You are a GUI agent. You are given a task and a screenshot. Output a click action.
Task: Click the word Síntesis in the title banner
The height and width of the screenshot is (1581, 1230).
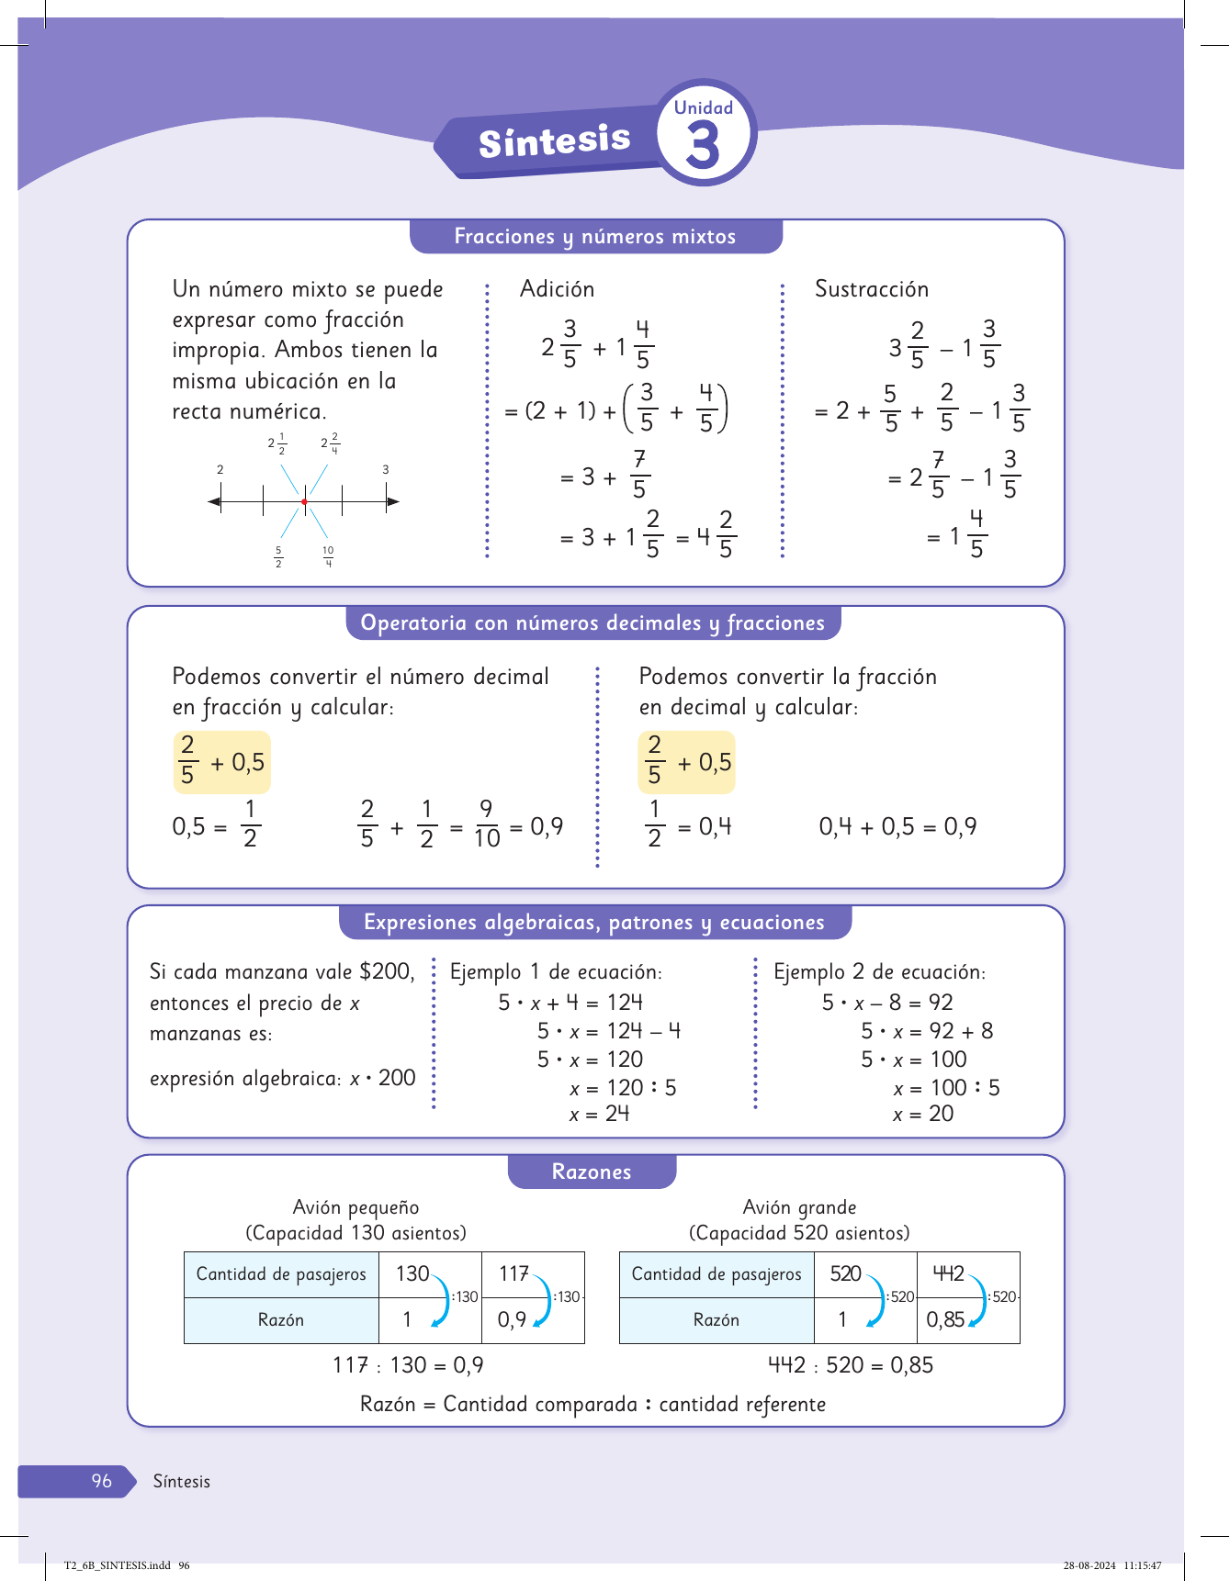(x=554, y=141)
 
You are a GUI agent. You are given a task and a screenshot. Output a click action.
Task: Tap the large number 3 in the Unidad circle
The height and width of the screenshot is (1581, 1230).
(x=703, y=145)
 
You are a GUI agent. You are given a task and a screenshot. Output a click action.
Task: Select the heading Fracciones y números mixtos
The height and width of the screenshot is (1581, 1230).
(x=595, y=237)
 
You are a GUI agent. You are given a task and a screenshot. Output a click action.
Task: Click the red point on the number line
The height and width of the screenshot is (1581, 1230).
(x=304, y=501)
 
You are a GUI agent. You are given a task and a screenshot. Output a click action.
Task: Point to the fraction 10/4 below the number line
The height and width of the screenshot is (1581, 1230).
(x=328, y=556)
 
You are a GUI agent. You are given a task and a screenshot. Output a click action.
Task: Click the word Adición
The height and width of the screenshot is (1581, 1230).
(x=557, y=289)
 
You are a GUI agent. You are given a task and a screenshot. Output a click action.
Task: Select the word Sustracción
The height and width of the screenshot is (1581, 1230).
(x=871, y=289)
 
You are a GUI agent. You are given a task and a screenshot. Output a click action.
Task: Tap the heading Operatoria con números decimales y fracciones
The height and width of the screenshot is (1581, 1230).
(x=592, y=623)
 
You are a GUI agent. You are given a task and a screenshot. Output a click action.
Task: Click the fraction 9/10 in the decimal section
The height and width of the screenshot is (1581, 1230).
(x=486, y=824)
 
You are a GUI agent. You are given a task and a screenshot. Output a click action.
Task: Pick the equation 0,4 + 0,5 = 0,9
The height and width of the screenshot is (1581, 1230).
(x=897, y=827)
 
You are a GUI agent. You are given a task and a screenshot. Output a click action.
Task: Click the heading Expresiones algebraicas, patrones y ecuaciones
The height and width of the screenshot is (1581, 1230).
(x=594, y=923)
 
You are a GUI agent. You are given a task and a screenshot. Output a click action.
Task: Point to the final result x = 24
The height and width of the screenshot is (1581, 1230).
(x=599, y=1114)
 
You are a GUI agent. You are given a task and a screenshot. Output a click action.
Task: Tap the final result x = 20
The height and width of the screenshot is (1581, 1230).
(x=923, y=1114)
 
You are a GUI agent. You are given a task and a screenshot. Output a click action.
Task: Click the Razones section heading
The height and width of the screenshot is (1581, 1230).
(x=592, y=1172)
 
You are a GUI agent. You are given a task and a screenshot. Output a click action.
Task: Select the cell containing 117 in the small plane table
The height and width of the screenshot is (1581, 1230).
(x=514, y=1273)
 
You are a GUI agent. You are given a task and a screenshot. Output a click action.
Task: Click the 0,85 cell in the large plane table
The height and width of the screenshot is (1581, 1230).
(x=945, y=1319)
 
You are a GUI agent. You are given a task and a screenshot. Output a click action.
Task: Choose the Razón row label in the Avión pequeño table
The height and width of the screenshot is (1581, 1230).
(x=281, y=1320)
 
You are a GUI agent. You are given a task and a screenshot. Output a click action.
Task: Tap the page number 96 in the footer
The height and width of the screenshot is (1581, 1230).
(x=101, y=1481)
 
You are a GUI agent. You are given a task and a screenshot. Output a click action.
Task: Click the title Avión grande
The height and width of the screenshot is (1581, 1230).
(x=799, y=1207)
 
